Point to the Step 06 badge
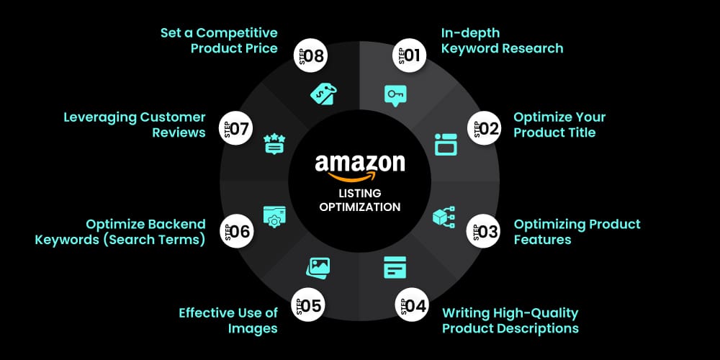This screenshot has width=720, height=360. click(x=235, y=232)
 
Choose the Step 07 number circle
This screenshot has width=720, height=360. click(x=235, y=128)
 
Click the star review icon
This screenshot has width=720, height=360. click(x=274, y=143)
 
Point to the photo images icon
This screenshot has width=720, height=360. click(x=318, y=267)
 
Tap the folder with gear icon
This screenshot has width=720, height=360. click(x=274, y=217)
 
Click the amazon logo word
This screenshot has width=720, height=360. click(x=360, y=165)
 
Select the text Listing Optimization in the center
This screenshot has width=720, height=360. click(x=360, y=199)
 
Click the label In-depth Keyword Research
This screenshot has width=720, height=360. click(x=502, y=41)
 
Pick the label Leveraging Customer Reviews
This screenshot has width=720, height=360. click(x=135, y=125)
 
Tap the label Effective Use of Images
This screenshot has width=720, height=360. click(x=228, y=320)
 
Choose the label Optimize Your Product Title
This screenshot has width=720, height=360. click(x=559, y=125)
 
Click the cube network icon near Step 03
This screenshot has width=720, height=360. click(x=444, y=217)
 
